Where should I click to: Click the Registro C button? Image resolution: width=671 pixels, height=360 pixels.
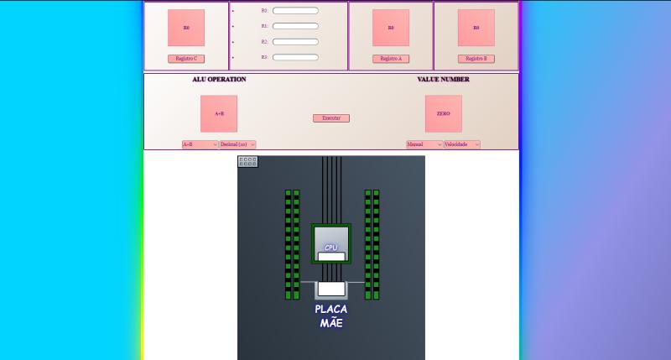coord(186,59)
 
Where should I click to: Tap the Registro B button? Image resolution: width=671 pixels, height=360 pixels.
coord(476,59)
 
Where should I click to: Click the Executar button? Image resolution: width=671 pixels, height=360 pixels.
coord(331,118)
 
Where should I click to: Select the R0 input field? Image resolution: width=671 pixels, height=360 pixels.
coord(295,11)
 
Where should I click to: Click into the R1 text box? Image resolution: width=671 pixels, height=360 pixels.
coord(295,26)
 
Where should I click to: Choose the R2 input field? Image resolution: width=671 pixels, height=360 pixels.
coord(295,41)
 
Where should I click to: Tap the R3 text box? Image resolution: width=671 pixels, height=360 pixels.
coord(295,57)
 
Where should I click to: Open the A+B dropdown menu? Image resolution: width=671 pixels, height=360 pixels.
coord(200,144)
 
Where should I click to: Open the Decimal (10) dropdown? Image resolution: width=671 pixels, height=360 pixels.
coord(237,144)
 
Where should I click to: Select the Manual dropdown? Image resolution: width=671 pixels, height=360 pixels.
coord(424,144)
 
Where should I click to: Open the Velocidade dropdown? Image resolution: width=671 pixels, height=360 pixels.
coord(461,144)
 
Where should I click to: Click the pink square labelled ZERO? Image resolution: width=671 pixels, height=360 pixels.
coord(444,113)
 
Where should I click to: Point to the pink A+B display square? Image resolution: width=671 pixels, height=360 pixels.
coord(219,113)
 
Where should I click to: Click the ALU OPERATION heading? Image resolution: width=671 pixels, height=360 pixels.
coord(219,80)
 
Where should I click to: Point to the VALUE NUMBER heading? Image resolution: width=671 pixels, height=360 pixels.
coord(444,80)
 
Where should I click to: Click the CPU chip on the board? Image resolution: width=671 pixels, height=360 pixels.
coord(330,243)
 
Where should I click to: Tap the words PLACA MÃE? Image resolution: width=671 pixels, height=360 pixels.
coord(331,316)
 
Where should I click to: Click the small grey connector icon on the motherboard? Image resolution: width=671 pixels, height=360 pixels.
coord(247,161)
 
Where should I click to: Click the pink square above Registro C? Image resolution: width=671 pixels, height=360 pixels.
coord(186,28)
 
